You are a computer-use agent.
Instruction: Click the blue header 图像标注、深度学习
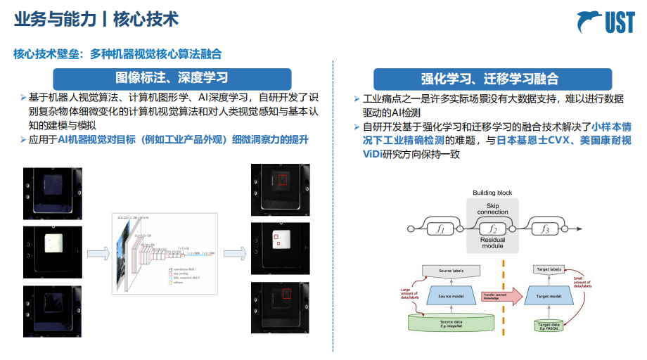pos(172,78)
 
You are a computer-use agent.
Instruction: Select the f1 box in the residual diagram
pos(442,229)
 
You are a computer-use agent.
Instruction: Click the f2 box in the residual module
pos(492,229)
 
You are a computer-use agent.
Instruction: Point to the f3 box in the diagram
pos(543,229)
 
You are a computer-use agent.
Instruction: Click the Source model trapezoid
pos(449,296)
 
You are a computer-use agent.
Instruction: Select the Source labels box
pos(449,270)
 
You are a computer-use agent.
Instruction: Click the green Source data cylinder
pos(449,323)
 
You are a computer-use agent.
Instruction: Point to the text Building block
pos(492,193)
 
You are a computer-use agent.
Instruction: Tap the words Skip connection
pos(492,208)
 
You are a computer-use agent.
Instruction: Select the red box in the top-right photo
pos(281,181)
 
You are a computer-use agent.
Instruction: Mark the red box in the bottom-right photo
pos(286,294)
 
